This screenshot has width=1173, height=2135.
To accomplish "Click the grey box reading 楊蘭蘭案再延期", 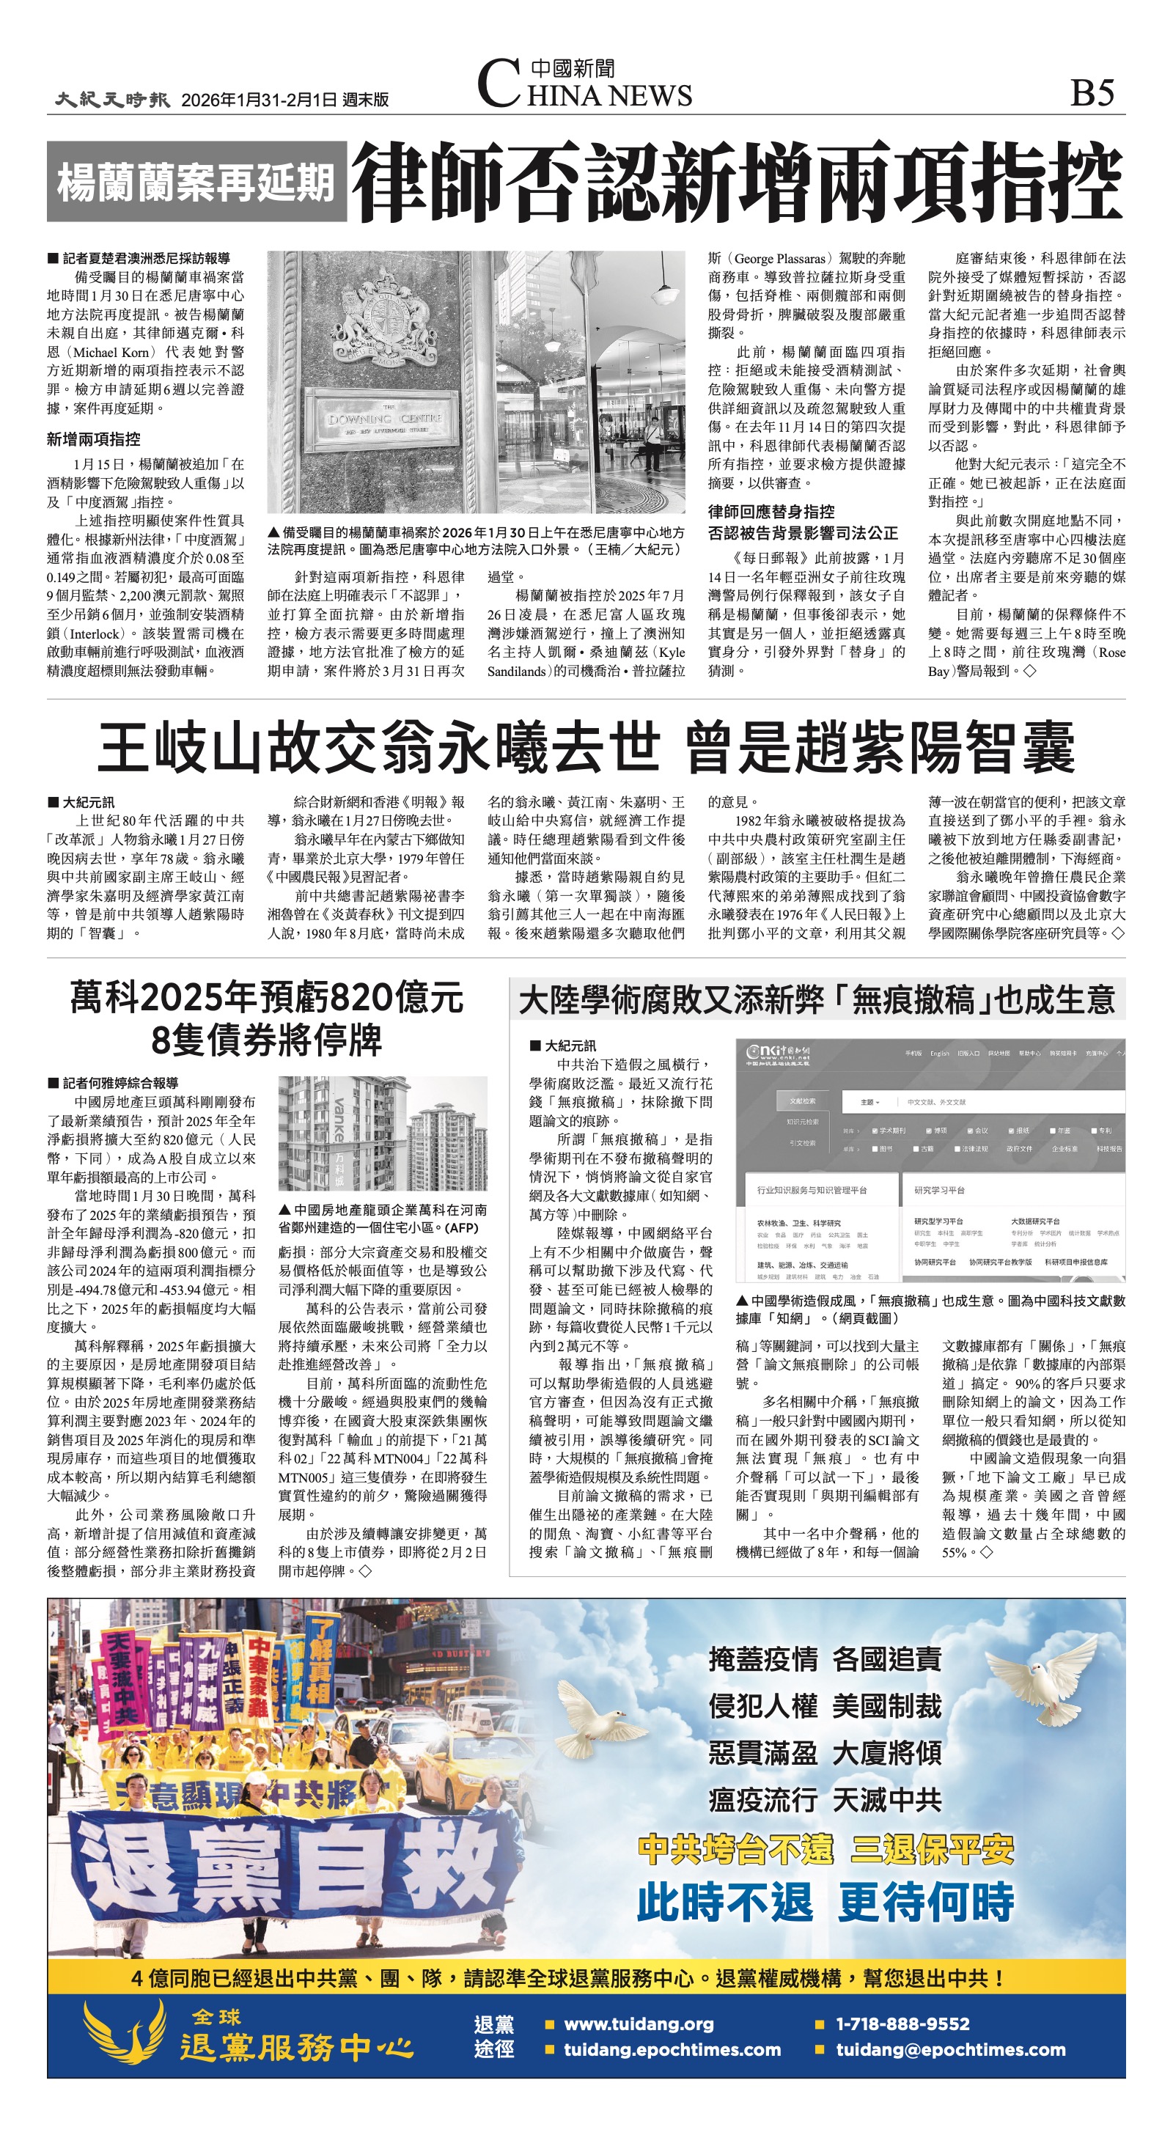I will [x=196, y=182].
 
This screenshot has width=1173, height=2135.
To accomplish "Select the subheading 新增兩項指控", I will [x=94, y=439].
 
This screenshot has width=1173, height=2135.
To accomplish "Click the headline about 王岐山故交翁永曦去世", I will [x=585, y=747].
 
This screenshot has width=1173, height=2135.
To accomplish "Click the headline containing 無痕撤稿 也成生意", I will [x=816, y=999].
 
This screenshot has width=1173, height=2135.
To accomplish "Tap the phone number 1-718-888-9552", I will [x=902, y=2023].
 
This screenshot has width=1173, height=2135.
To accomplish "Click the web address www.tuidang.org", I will [x=639, y=2023].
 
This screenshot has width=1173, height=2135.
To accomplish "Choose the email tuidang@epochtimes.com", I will [x=950, y=2050].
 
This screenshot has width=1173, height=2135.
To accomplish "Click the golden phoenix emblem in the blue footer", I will [x=125, y=2035].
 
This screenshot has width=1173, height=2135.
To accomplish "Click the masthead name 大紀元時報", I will [x=113, y=100].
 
